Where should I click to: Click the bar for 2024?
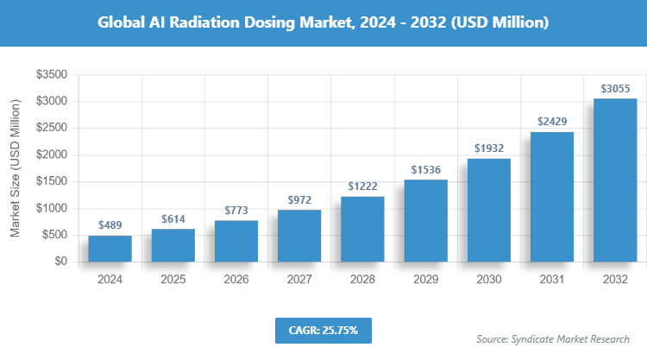point(110,248)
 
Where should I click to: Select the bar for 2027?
point(299,235)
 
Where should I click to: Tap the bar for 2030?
point(489,210)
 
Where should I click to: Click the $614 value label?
point(173,218)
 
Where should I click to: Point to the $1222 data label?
point(362,186)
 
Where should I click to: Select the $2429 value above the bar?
point(552,122)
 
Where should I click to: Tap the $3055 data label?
point(615,88)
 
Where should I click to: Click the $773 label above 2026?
point(236,210)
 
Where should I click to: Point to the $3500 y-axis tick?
point(52,75)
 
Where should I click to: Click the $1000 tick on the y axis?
point(52,208)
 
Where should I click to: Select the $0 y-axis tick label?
point(60,262)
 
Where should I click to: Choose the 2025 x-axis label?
point(173,280)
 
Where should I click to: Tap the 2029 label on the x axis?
point(425,280)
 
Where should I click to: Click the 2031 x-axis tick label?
point(552,280)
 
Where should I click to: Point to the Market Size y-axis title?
point(16,167)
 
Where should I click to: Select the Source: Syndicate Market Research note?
point(553,339)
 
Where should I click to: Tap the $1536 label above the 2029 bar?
point(425,169)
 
